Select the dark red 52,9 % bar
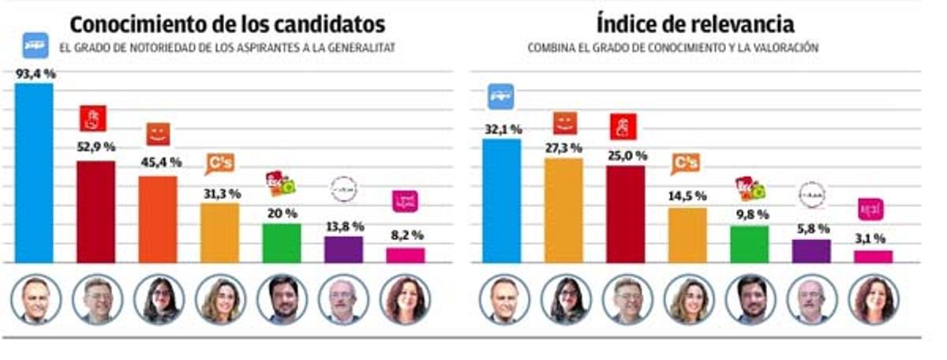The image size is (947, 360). point(95,211)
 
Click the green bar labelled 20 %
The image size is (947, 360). point(282,242)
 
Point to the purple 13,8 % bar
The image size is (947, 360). point(343,249)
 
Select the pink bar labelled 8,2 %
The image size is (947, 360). point(406,254)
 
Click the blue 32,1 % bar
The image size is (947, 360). point(501,201)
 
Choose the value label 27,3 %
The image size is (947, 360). point(563,148)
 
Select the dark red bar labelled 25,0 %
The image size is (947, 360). point(626,213)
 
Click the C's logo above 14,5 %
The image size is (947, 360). point(686,163)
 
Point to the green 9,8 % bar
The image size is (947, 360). point(749,243)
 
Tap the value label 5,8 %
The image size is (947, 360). point(812,229)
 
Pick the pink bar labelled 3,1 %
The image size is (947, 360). point(873,256)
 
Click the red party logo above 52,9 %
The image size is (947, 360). point(93,119)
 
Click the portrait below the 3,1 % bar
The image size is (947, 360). point(874,300)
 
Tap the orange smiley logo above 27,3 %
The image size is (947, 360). point(564,123)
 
